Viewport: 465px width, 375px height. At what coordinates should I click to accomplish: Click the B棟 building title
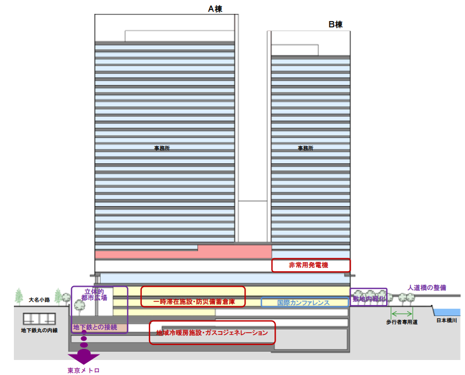coord(336,24)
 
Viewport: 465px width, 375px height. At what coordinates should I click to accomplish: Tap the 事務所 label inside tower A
coord(162,148)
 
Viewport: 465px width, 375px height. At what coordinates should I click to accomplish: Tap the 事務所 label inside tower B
coord(305,148)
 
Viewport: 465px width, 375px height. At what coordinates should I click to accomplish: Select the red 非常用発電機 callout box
coord(311,266)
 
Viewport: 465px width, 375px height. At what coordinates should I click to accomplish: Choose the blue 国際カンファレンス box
coord(304,303)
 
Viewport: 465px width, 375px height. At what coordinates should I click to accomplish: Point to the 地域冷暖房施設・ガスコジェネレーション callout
coord(212,333)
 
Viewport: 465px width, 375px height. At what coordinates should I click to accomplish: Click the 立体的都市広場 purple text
coord(93,294)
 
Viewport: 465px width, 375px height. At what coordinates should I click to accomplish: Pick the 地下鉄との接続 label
coord(95,327)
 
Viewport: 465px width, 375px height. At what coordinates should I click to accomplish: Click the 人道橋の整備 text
coord(427,288)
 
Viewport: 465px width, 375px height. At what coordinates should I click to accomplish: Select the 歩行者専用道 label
coord(402,322)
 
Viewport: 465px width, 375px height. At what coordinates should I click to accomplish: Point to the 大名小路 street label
coord(40,300)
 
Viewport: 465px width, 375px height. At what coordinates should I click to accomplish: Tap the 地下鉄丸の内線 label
coord(39,330)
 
